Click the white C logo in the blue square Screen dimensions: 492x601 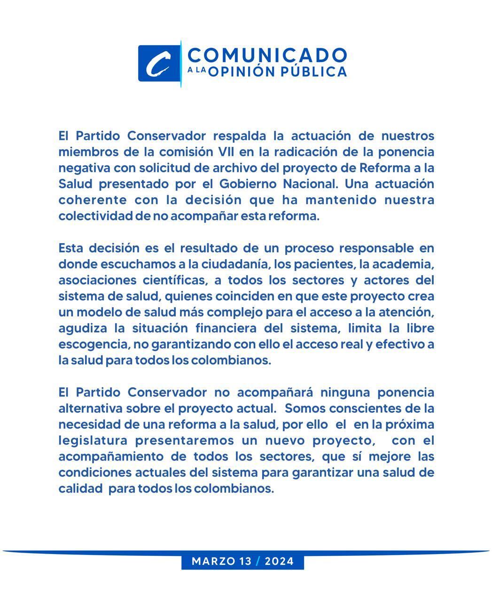click(x=158, y=63)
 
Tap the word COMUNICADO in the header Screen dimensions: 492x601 click(x=267, y=54)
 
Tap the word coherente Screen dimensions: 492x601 click(x=93, y=200)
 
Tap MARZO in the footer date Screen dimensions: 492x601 click(x=214, y=561)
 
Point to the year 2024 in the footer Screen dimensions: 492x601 click(x=279, y=561)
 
